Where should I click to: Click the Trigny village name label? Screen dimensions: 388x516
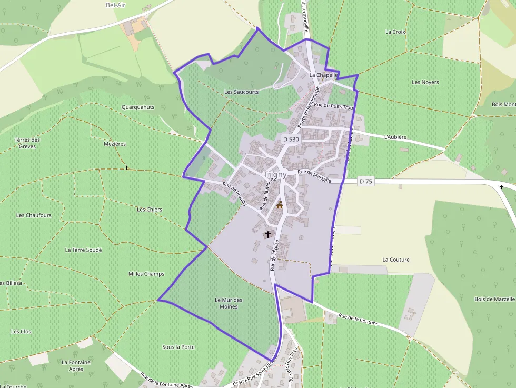pos(275,175)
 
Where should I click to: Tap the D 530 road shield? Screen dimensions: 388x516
pos(291,140)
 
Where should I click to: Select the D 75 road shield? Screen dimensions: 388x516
pos(365,182)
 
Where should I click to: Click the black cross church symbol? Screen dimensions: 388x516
pos(268,234)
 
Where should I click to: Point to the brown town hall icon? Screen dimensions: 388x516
pos(280,205)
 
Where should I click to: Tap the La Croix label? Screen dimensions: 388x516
pos(395,32)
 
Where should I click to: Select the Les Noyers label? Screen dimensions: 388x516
pos(425,82)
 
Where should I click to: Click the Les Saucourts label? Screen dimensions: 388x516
pos(242,92)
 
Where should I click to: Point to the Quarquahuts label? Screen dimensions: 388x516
pos(138,107)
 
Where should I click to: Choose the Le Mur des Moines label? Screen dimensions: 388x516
pos(229,303)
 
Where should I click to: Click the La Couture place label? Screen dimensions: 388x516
pos(396,260)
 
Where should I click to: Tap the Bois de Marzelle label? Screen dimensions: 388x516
pos(494,299)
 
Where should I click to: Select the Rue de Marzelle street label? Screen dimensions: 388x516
pos(314,176)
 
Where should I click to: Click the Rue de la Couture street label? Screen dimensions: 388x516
pos(358,320)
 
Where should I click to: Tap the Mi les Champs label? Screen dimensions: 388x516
pos(146,274)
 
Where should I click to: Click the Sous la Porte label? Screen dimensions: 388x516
pos(178,347)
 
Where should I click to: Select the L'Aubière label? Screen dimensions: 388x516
pos(395,137)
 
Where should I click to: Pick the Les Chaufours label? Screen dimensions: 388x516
pos(34,215)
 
